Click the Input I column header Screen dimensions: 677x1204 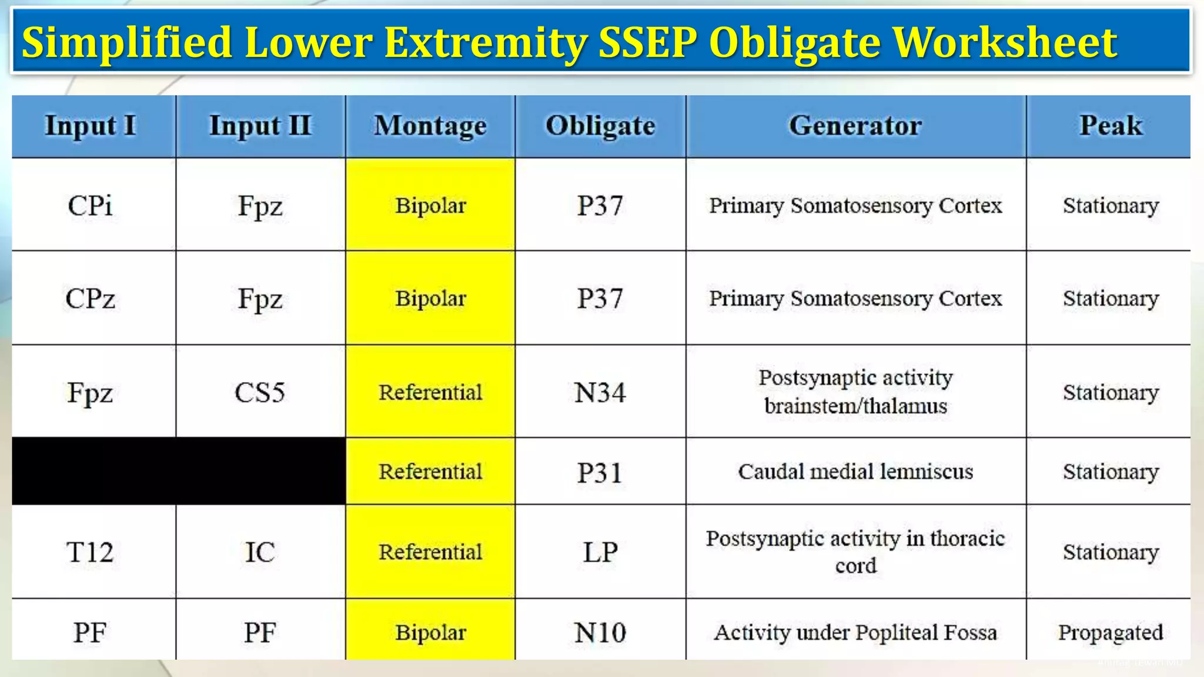(91, 126)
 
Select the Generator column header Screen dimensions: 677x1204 (855, 126)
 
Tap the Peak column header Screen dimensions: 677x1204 (1111, 126)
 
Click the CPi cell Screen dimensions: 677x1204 (90, 206)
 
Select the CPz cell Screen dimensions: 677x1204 (90, 299)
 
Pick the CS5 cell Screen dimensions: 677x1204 (260, 393)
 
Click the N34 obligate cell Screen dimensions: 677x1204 (600, 393)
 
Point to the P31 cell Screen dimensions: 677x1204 (600, 472)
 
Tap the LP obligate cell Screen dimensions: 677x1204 (600, 552)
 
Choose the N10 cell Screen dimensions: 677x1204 (600, 632)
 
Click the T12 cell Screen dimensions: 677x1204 (90, 552)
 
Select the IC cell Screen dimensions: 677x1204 (260, 552)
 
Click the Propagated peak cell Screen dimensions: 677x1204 (1111, 632)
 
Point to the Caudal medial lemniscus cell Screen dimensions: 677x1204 (855, 472)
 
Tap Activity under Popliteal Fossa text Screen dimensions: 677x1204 (855, 632)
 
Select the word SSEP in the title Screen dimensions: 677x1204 (647, 42)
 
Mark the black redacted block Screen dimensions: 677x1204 (179, 471)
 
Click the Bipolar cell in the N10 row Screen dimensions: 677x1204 (430, 632)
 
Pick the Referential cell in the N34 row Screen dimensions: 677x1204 (430, 393)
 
